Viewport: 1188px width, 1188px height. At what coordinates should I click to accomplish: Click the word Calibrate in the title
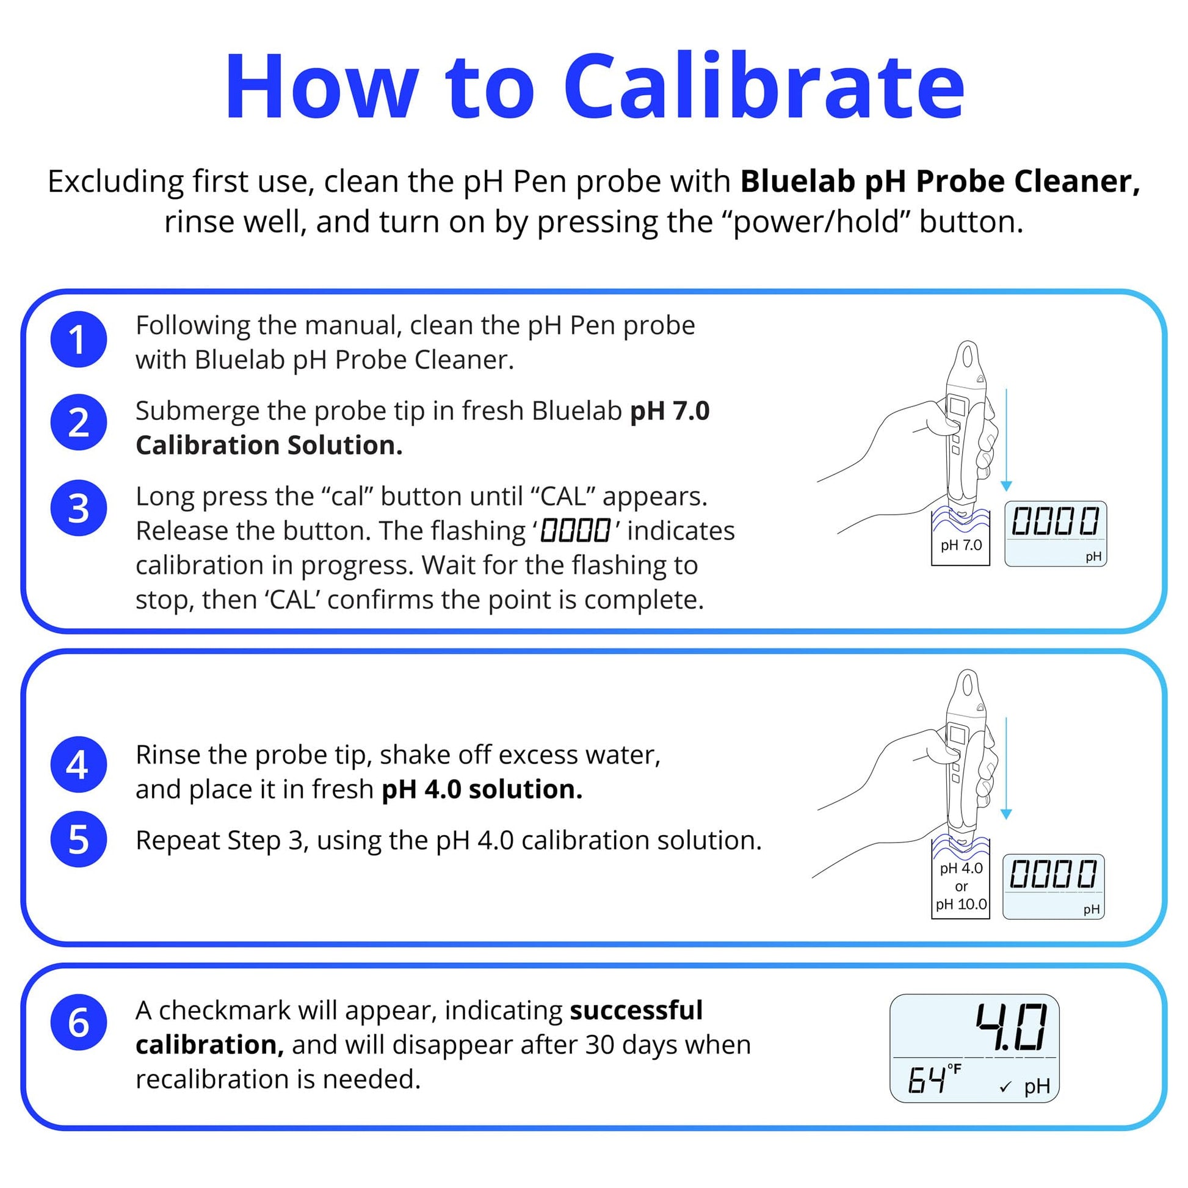click(764, 87)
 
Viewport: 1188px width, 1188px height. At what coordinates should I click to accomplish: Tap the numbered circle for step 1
click(78, 339)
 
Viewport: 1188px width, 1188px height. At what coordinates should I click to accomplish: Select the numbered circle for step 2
click(78, 422)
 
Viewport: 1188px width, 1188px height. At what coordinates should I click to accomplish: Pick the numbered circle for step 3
click(78, 508)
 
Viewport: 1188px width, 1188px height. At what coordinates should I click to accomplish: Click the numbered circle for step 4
click(78, 765)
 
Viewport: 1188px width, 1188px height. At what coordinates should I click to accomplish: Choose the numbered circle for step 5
click(78, 839)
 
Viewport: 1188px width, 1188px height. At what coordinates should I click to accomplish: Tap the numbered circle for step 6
click(78, 1023)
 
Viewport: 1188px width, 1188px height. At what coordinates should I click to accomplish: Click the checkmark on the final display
click(1005, 1087)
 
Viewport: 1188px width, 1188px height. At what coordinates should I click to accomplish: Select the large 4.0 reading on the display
click(1011, 1027)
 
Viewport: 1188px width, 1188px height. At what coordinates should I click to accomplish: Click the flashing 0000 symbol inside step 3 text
click(575, 531)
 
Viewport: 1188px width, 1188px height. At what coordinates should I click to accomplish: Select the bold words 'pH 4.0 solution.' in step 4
click(482, 789)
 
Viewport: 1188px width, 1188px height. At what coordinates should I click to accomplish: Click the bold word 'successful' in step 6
click(636, 1010)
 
